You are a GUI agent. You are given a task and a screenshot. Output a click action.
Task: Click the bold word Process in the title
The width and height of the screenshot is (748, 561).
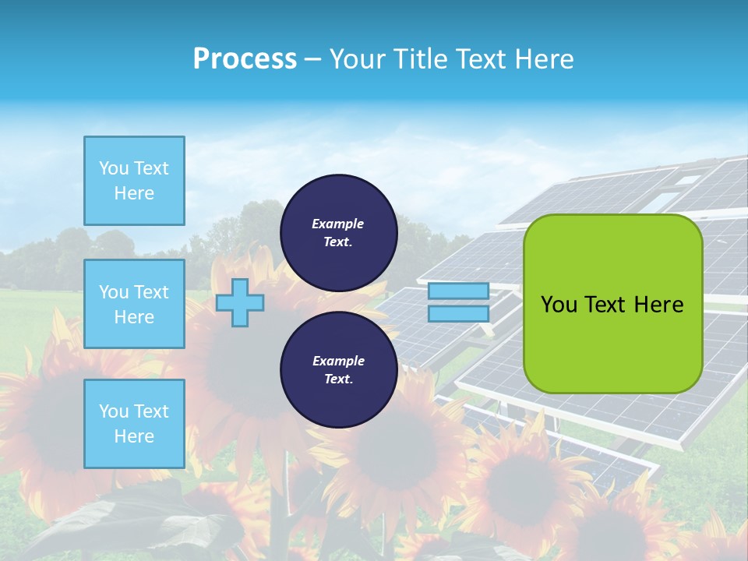245,59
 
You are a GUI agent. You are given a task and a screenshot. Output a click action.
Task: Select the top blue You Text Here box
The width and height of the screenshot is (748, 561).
134,181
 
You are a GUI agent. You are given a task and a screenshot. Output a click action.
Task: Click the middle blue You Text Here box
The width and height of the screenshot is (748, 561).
134,304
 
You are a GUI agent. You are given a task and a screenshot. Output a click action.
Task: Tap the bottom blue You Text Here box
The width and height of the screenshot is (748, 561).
134,424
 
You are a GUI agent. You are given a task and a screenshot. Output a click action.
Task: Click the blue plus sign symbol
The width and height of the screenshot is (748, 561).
240,302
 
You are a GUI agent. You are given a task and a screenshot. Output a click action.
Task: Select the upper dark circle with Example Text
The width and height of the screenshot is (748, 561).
339,232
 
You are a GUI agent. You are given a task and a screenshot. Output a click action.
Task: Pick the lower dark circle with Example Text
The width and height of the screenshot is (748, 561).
339,369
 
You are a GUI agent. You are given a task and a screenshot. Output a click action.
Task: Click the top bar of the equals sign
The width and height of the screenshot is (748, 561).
459,291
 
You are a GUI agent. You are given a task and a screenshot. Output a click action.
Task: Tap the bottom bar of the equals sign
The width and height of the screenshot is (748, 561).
459,314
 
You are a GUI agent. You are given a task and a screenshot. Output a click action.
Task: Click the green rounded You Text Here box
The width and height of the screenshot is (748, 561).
613,303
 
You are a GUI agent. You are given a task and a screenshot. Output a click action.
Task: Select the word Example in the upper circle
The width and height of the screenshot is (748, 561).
338,224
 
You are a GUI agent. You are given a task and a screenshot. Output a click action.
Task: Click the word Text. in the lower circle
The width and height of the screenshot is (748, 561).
338,379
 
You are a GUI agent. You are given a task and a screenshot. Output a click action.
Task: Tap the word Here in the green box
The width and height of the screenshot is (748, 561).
659,305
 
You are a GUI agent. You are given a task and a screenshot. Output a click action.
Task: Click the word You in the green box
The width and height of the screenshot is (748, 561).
559,305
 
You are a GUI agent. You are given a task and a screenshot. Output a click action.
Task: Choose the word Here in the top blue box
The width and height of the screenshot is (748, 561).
134,193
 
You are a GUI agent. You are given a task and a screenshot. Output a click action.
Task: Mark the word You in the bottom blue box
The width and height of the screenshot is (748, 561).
114,411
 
